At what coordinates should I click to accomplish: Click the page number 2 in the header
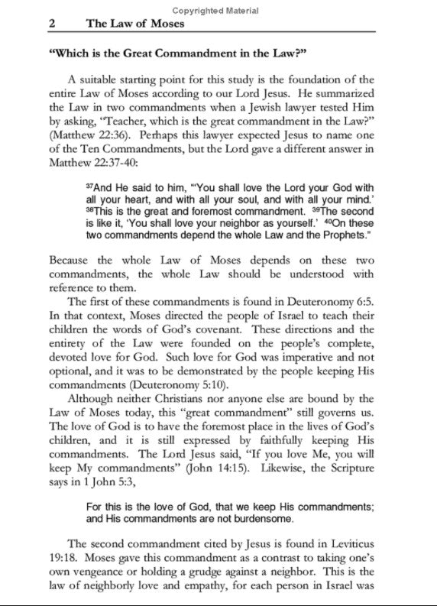51,24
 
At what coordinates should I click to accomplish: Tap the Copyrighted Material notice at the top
215,11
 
